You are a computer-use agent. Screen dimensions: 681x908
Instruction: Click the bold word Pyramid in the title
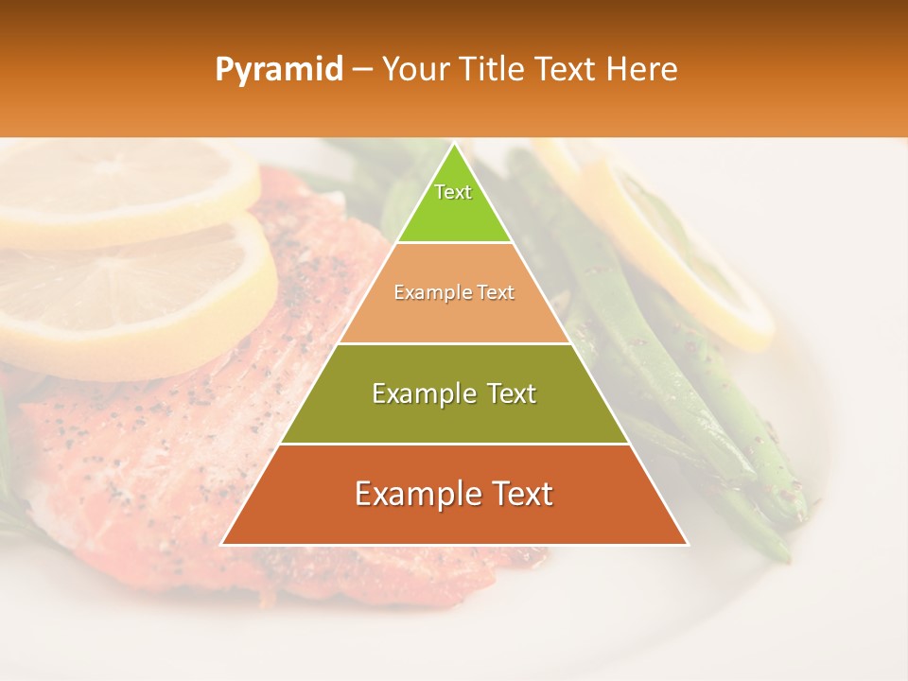(278, 70)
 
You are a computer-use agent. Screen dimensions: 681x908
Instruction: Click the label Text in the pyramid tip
(453, 192)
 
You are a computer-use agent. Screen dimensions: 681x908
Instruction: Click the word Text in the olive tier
(506, 393)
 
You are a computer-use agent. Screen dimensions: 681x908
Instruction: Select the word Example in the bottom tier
(416, 494)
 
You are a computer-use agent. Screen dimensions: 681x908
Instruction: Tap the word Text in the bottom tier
(517, 494)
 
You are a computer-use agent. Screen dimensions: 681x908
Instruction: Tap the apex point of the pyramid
(454, 144)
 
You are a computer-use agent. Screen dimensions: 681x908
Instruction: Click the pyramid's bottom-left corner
(222, 544)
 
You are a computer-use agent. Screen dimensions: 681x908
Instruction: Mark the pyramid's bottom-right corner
(687, 544)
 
